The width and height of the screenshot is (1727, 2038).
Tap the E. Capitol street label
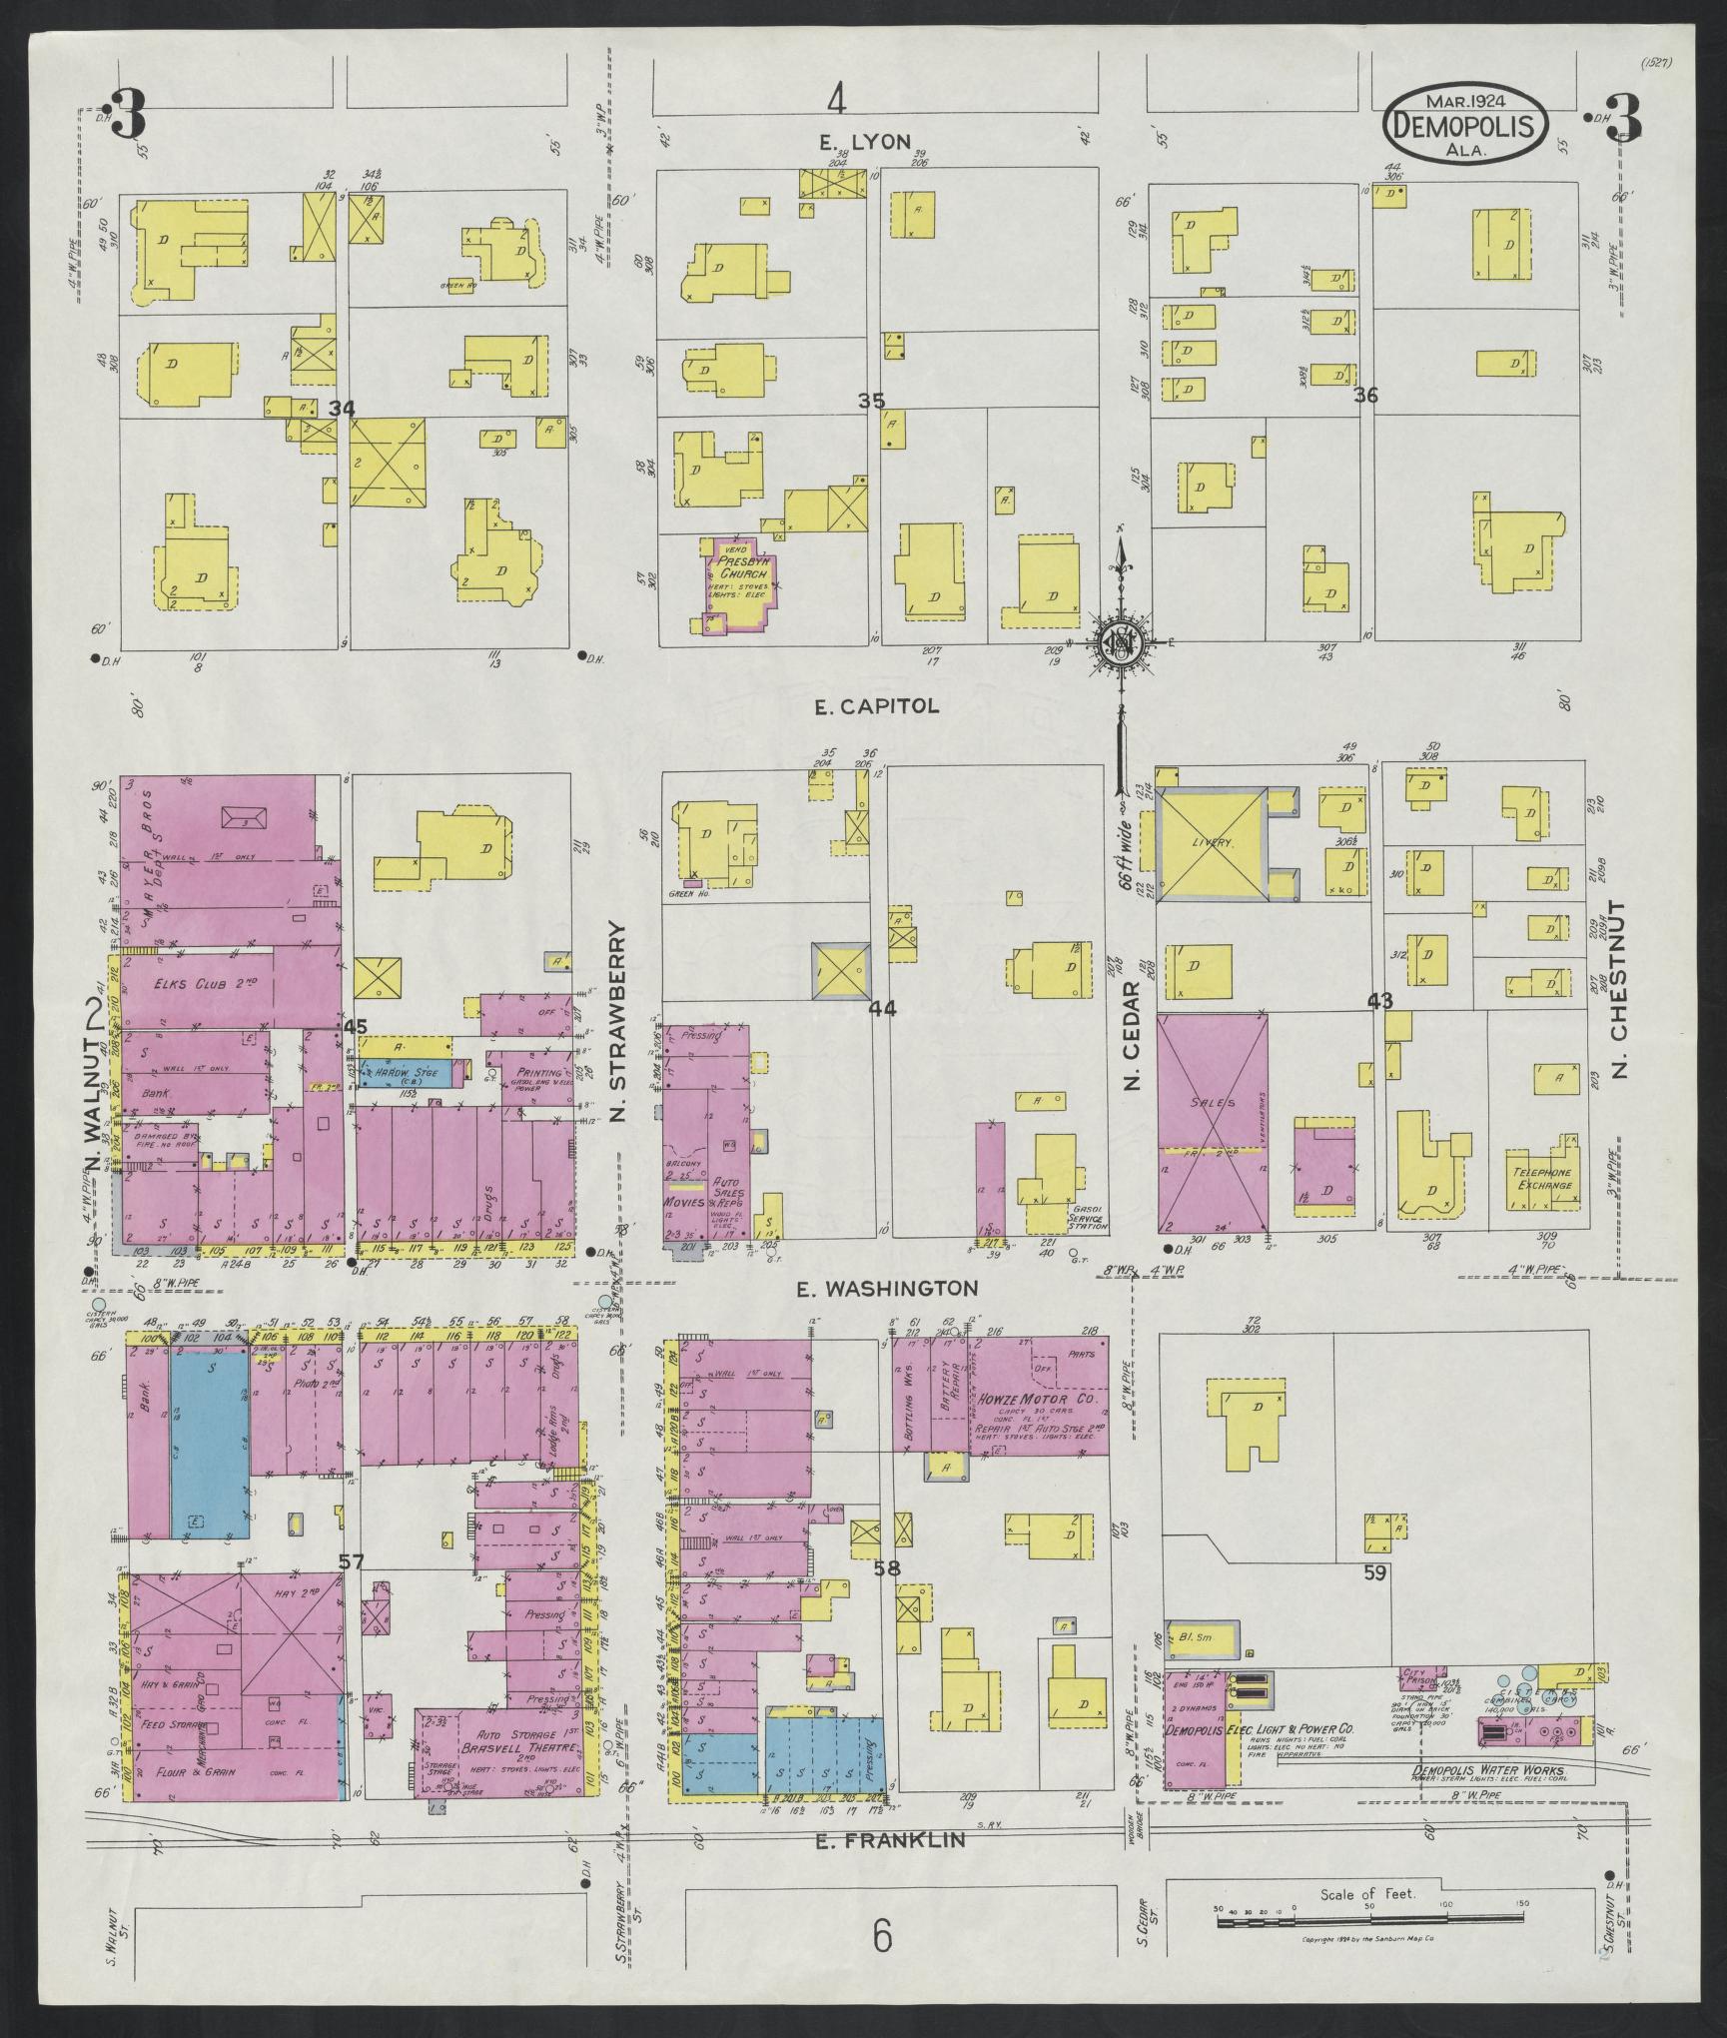876,706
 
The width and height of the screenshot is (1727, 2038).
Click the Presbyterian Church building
735,581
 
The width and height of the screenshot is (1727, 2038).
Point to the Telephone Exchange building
1541,1180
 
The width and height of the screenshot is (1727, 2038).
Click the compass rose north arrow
1121,559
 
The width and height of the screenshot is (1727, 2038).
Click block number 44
882,1009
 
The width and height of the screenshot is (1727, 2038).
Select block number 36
1365,397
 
